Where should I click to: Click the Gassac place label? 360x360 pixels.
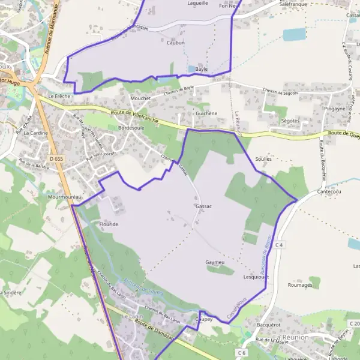point(203,206)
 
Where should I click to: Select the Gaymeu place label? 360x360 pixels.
point(214,263)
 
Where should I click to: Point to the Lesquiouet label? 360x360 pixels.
point(256,277)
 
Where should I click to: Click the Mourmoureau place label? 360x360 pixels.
point(63,197)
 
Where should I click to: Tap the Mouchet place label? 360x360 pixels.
point(140,98)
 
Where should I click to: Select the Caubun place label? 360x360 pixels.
point(176,43)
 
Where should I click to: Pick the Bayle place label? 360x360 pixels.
point(201,69)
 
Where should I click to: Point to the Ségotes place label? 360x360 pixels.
point(290,121)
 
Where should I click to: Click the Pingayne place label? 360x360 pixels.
point(335,109)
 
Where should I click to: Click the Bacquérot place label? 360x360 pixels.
point(268,325)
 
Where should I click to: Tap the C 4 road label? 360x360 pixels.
point(279,245)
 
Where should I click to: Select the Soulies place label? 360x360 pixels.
point(263,160)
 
